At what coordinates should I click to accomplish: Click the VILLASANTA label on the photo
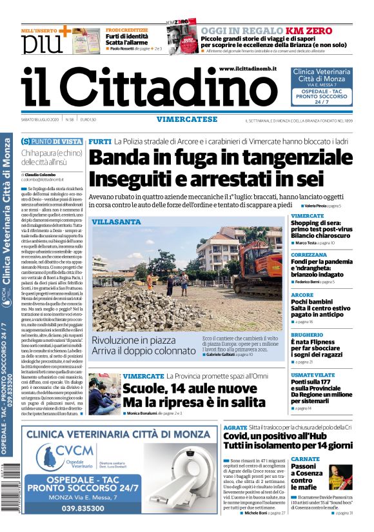pyautogui.click(x=116, y=222)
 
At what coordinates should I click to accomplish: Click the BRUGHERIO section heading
pyautogui.click(x=307, y=335)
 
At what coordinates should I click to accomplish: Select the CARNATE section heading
pyautogui.click(x=305, y=458)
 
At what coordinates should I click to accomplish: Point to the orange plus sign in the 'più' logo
pyautogui.click(x=64, y=31)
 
